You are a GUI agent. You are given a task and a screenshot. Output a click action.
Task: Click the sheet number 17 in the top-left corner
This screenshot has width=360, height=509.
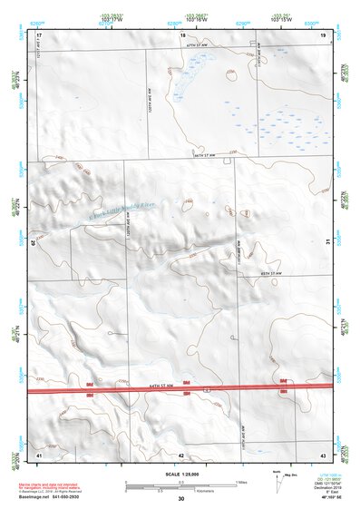40,34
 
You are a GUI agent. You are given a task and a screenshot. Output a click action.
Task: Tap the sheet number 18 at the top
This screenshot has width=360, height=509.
182,34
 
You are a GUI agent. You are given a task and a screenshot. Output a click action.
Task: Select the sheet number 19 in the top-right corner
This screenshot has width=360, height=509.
323,34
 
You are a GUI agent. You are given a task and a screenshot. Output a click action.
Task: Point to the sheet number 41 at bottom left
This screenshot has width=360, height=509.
39,453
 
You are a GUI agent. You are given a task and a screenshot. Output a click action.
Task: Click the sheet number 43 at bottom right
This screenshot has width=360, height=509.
323,453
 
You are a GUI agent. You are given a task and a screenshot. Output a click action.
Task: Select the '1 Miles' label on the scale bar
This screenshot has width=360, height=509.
239,481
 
